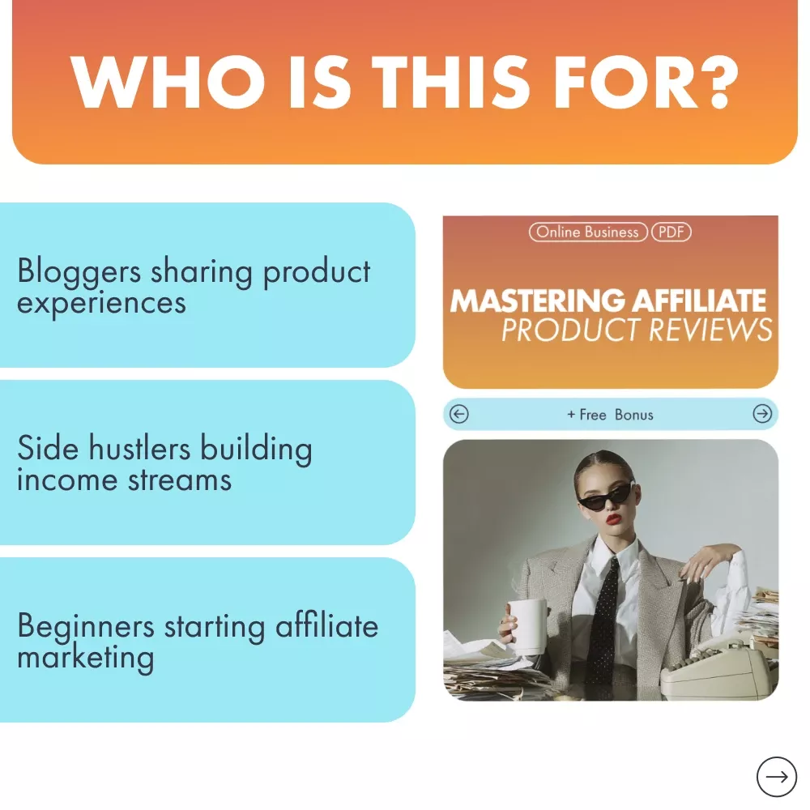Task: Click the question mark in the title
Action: click(x=720, y=82)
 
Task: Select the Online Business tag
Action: click(x=588, y=232)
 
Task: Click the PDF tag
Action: click(x=671, y=232)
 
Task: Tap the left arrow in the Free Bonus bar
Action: click(x=458, y=414)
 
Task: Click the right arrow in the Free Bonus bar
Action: click(x=762, y=413)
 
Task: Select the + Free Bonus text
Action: click(x=610, y=415)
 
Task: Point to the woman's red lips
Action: click(x=613, y=518)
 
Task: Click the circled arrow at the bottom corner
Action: click(x=777, y=777)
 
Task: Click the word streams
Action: click(x=180, y=480)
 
